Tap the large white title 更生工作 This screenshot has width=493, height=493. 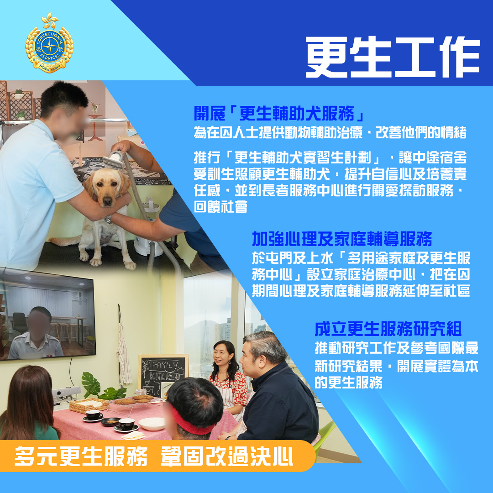click(x=393, y=57)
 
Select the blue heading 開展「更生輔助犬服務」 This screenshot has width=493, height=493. click(x=279, y=114)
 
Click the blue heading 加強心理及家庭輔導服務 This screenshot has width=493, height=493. click(x=342, y=239)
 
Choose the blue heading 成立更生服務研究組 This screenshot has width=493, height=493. click(x=388, y=329)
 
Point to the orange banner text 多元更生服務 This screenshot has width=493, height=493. click(x=81, y=456)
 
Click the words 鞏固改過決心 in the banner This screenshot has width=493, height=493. click(x=227, y=456)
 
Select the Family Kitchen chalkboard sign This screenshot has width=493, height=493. click(x=163, y=376)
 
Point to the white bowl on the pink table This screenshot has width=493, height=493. click(x=152, y=424)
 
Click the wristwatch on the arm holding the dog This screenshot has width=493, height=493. click(x=109, y=219)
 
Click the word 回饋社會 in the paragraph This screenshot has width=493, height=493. click(x=221, y=207)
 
